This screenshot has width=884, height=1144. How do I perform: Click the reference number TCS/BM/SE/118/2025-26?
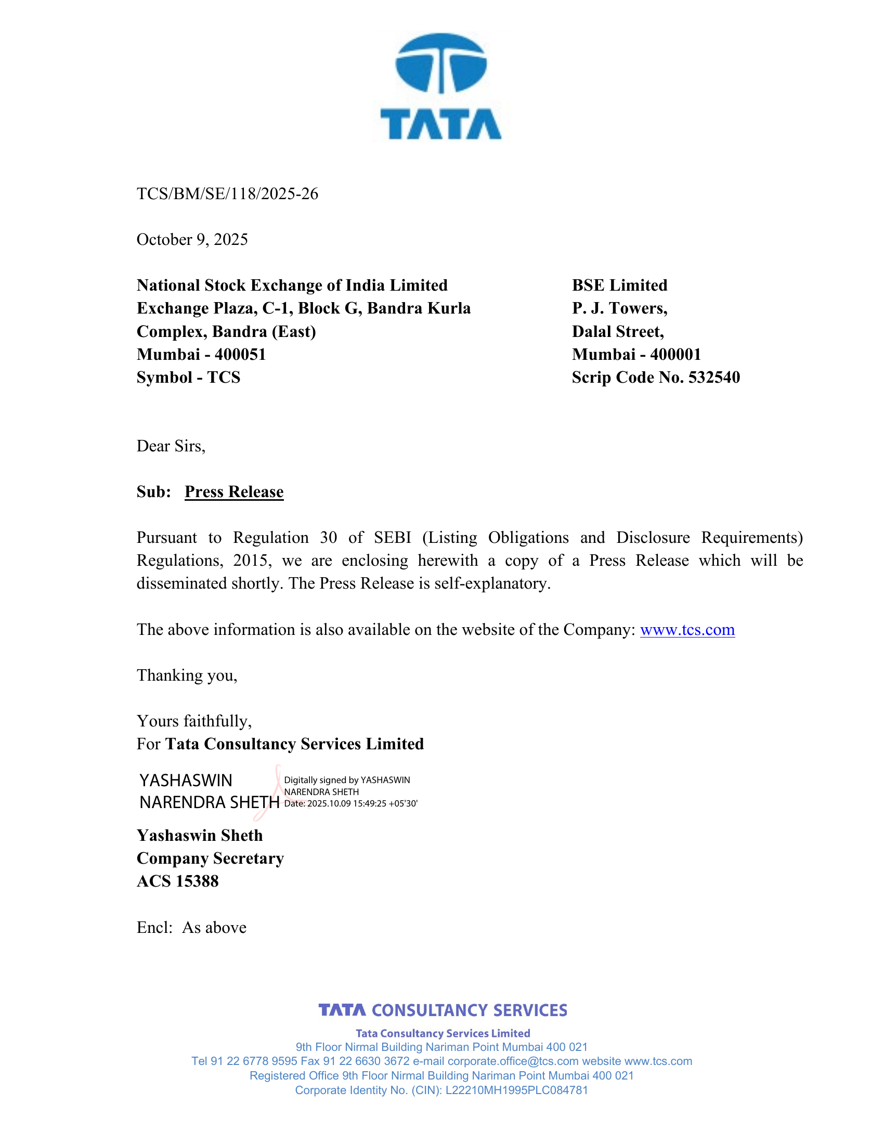click(x=227, y=194)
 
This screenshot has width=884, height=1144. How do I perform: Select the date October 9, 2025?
click(x=192, y=239)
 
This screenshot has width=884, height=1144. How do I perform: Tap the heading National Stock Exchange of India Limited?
click(x=292, y=285)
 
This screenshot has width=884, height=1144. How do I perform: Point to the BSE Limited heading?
click(x=619, y=285)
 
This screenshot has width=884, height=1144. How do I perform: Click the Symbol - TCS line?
click(x=189, y=377)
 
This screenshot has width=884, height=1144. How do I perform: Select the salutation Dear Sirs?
click(x=171, y=446)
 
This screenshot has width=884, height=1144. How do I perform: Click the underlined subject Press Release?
click(x=234, y=492)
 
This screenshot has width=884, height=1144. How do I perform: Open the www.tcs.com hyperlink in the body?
click(x=687, y=630)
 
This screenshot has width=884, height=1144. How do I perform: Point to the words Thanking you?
click(x=187, y=675)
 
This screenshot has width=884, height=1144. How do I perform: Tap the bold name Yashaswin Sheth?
click(x=200, y=836)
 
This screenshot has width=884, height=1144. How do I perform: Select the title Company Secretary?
click(x=210, y=859)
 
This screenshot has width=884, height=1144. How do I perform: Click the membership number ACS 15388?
click(x=177, y=881)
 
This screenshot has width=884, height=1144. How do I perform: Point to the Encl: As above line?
click(x=192, y=928)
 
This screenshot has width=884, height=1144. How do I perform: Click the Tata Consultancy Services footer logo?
click(x=443, y=1010)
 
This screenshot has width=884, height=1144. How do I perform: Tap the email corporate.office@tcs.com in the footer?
click(x=513, y=1061)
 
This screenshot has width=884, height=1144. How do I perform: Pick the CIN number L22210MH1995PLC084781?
click(x=516, y=1090)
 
